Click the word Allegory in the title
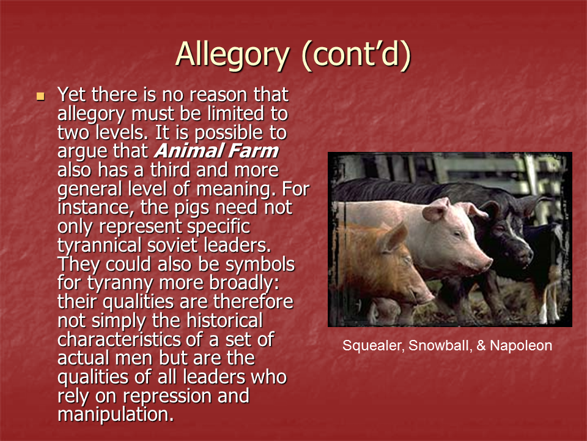point(232,55)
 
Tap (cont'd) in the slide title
point(355,55)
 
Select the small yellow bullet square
point(41,96)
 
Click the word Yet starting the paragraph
point(72,95)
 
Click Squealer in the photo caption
point(371,346)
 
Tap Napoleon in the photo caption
point(520,346)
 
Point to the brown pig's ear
point(394,236)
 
